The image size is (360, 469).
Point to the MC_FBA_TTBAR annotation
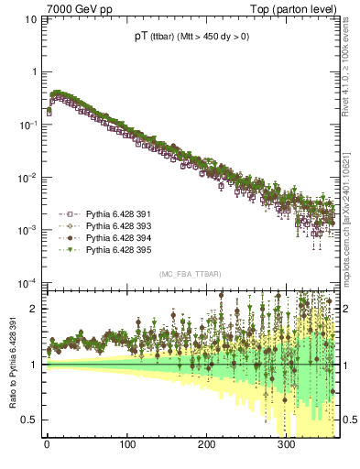(190, 274)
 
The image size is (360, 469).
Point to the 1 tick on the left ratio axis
(32, 365)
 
